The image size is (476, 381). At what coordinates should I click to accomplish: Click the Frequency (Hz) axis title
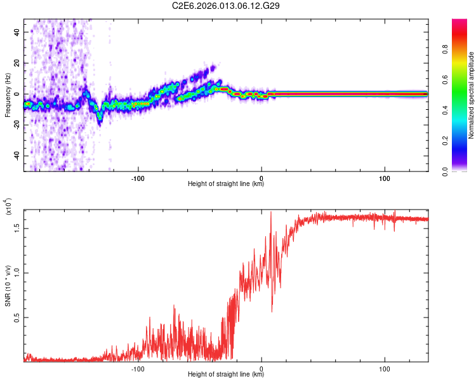[8, 95]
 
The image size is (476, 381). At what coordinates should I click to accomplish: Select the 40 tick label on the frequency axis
[17, 32]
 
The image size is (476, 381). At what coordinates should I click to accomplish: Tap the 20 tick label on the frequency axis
[17, 63]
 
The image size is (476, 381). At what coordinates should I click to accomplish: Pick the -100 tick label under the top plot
[138, 177]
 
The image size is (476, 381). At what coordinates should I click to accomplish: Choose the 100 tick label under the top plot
[385, 177]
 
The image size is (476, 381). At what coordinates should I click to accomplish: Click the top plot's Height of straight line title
[226, 184]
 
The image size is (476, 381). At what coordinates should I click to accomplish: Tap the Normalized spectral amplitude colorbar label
[472, 95]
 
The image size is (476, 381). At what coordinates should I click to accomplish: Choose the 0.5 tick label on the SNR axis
[15, 317]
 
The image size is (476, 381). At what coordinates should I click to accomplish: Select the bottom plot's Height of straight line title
[226, 375]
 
